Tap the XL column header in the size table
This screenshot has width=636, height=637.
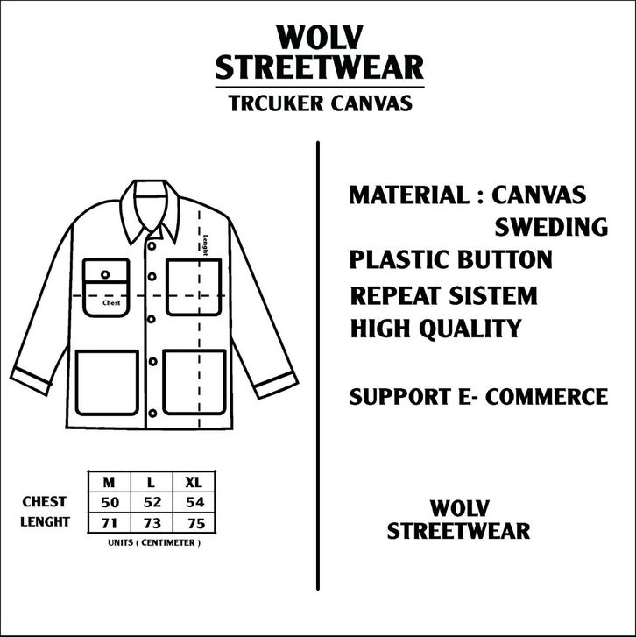(194, 482)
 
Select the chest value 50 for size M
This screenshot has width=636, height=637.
(109, 502)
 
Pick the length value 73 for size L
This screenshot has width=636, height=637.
(152, 522)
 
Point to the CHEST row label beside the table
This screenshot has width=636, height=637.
(45, 502)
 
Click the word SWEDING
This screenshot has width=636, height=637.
(551, 227)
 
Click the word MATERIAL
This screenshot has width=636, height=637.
(407, 194)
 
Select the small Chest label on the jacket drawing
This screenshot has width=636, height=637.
(111, 303)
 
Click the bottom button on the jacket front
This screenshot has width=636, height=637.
(152, 410)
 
